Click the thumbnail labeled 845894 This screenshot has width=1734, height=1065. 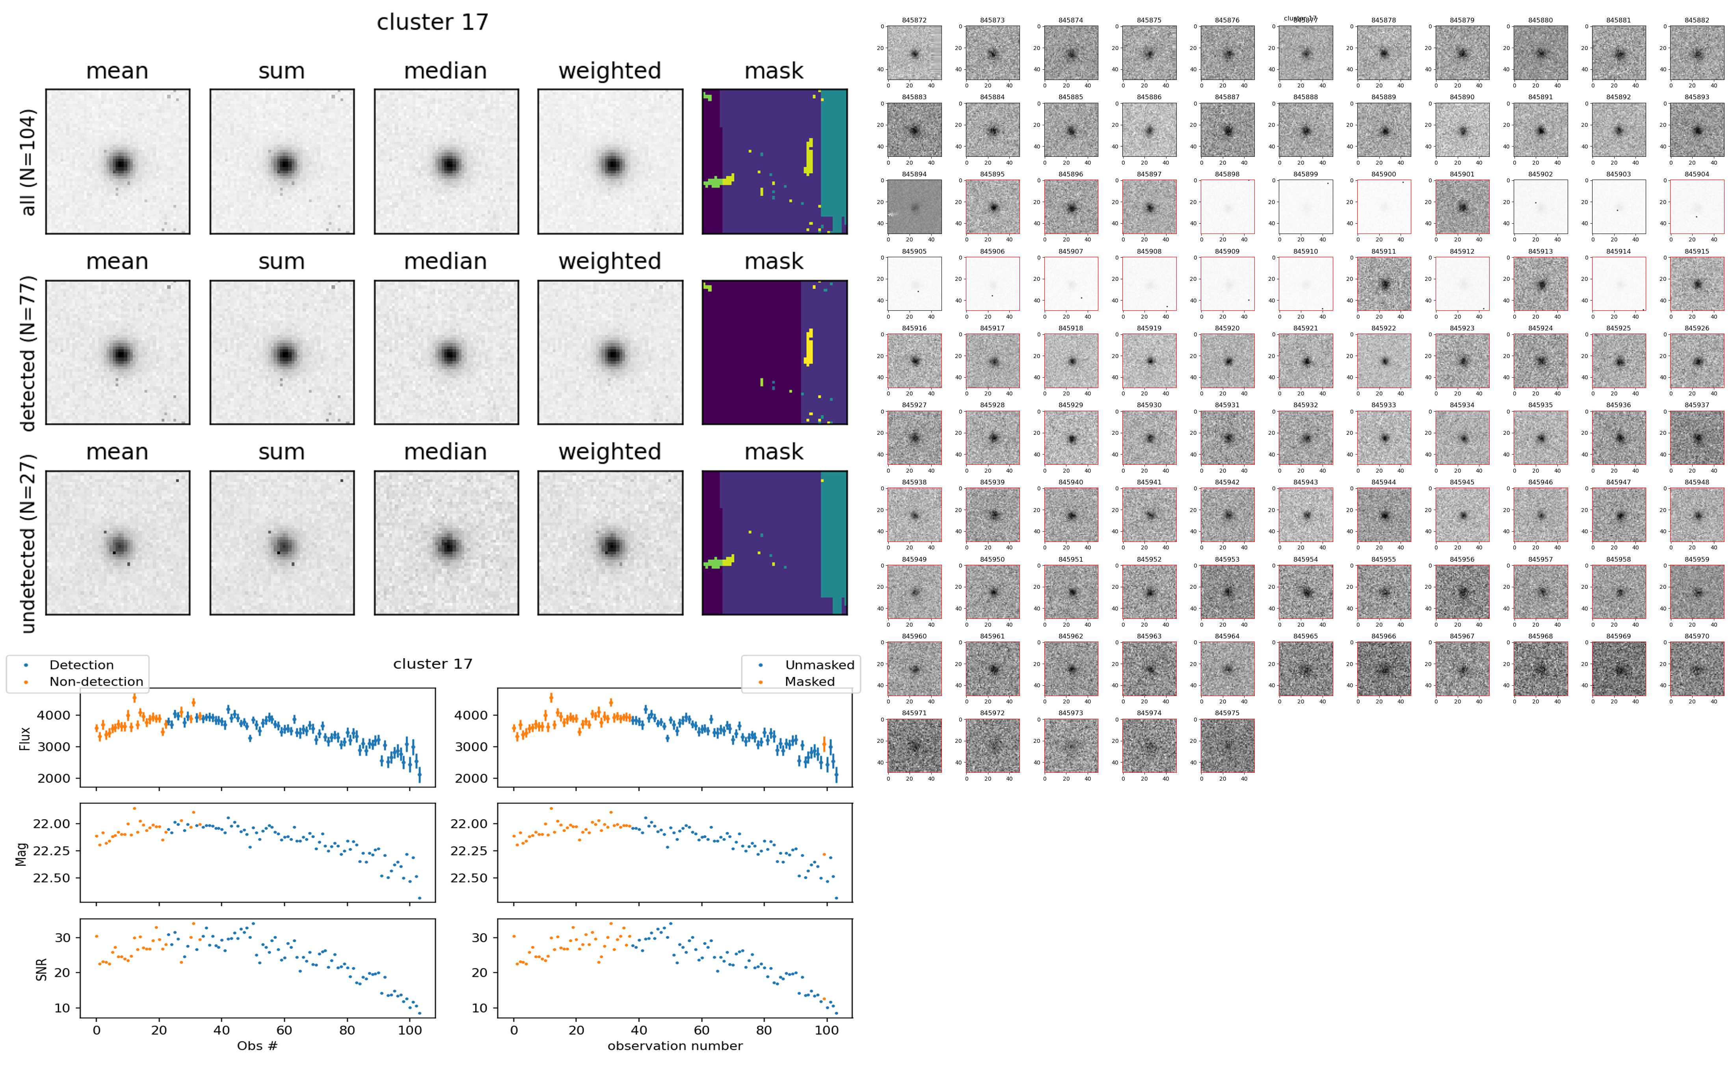pyautogui.click(x=914, y=207)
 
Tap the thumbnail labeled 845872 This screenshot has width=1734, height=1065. pyautogui.click(x=914, y=53)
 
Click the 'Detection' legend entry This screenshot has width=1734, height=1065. pyautogui.click(x=81, y=665)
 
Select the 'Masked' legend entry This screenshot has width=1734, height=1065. pyautogui.click(x=809, y=682)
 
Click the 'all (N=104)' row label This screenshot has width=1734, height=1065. pyautogui.click(x=28, y=162)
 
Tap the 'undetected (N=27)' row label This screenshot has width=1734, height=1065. pyautogui.click(x=28, y=544)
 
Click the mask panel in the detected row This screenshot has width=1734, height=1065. pyautogui.click(x=774, y=352)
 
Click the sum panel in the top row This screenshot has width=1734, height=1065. pyautogui.click(x=282, y=161)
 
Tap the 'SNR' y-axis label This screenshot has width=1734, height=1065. pyautogui.click(x=41, y=969)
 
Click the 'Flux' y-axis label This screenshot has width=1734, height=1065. pyautogui.click(x=25, y=738)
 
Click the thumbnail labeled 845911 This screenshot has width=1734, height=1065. pyautogui.click(x=1383, y=284)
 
